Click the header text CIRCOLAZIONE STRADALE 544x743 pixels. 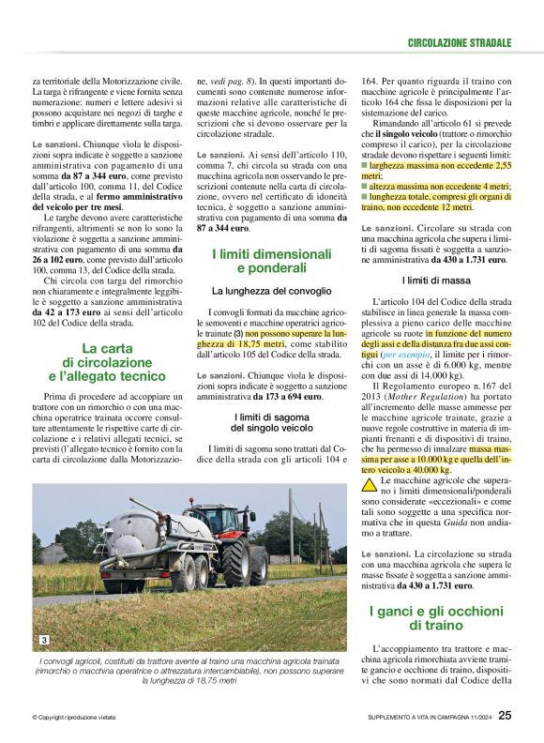point(460,43)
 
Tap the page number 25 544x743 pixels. point(505,717)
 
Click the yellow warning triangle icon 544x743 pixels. point(370,485)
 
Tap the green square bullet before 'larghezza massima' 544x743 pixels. point(365,165)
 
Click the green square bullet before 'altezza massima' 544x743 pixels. point(365,186)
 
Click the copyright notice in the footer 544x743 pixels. point(73,718)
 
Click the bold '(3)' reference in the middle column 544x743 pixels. point(238,334)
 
